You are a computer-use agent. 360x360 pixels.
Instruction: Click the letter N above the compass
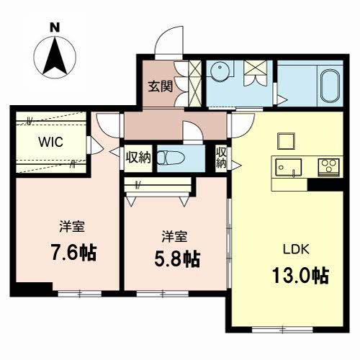click(x=55, y=27)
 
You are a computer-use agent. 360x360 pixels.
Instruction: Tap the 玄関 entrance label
click(x=160, y=86)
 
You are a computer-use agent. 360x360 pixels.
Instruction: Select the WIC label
click(x=51, y=142)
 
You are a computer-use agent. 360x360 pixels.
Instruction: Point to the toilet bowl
click(x=171, y=158)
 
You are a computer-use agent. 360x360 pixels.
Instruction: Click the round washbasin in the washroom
click(x=220, y=71)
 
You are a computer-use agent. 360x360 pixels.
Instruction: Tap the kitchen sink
click(x=288, y=168)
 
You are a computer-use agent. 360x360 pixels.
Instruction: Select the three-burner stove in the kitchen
click(x=328, y=166)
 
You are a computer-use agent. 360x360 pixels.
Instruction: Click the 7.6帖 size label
click(x=73, y=253)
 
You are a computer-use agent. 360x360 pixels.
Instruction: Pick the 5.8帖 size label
click(x=177, y=259)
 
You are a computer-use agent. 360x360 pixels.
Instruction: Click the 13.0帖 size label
click(x=300, y=276)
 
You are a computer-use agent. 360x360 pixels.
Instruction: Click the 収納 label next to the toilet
click(x=138, y=158)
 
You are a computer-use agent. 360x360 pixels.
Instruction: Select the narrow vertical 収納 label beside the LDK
click(x=221, y=158)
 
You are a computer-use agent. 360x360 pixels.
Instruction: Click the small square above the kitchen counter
click(x=286, y=141)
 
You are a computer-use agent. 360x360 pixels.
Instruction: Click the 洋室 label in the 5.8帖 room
click(x=174, y=236)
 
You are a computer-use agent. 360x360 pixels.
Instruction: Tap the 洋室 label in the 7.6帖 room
click(x=72, y=226)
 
